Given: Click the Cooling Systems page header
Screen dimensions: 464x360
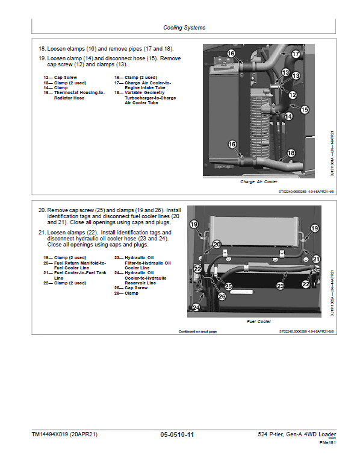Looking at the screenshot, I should click(x=184, y=28).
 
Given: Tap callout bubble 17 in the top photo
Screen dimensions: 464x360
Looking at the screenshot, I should click(x=296, y=54).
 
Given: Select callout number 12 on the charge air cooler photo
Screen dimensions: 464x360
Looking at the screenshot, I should click(x=293, y=95).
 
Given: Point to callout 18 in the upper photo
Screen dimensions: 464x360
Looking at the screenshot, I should click(x=291, y=154).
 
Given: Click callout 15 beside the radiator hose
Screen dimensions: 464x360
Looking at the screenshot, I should click(x=305, y=110).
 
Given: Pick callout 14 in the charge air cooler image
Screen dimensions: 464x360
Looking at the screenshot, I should click(x=288, y=116).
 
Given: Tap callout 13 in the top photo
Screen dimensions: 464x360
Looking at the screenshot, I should click(x=286, y=74).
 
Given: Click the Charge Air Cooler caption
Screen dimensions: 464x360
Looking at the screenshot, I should click(x=259, y=181).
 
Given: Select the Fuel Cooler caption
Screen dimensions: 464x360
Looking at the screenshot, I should click(x=259, y=322).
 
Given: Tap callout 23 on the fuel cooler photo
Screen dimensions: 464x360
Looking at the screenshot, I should click(x=280, y=286).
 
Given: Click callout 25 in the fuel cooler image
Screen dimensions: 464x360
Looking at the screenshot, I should click(x=228, y=286).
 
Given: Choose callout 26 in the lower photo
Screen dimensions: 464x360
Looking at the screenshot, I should click(x=222, y=296).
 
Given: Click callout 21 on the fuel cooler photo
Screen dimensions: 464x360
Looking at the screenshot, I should click(x=316, y=259).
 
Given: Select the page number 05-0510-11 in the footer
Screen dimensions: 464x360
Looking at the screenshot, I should click(x=177, y=434).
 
